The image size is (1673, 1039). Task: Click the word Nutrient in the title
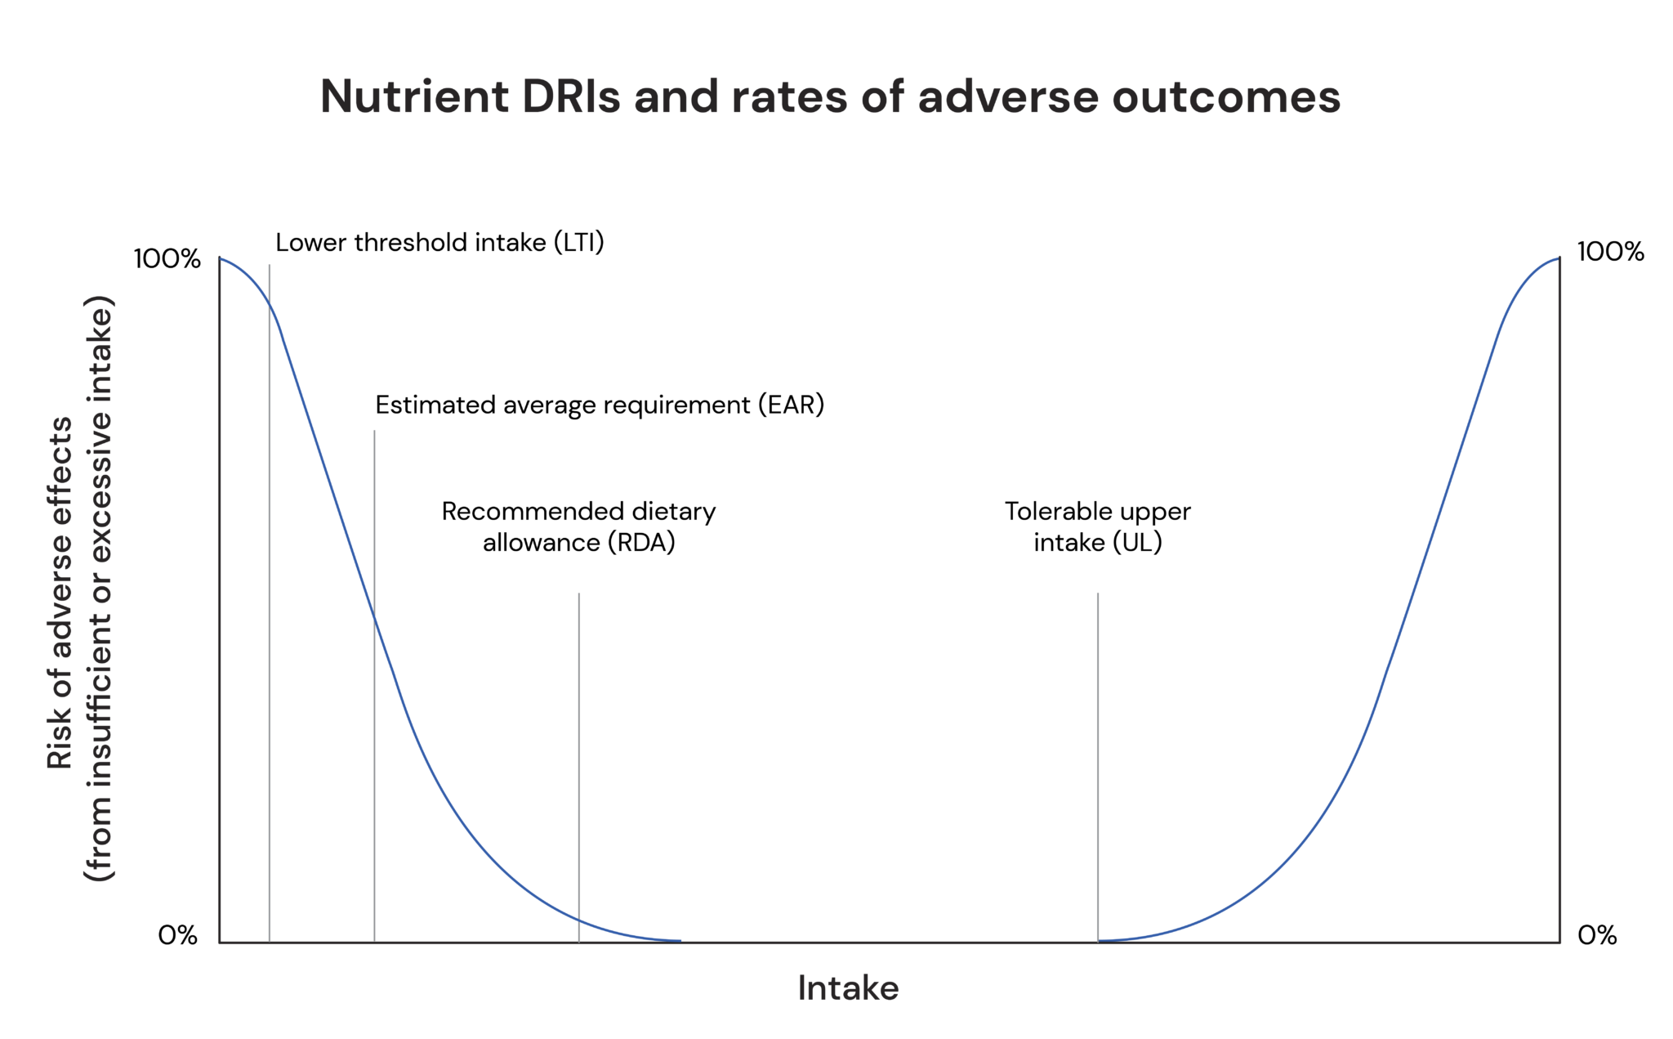pos(414,96)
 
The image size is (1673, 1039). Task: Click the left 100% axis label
pos(167,259)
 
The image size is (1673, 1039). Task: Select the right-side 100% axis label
pos(1609,252)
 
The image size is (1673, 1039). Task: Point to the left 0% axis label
pos(177,934)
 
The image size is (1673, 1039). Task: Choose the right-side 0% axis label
pos(1596,934)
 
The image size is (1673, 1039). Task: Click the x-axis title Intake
pos(847,988)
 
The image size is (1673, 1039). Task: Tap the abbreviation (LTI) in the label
pos(578,243)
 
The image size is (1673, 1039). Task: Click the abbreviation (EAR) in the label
pos(791,405)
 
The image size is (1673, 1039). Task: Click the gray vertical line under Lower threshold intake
pos(270,654)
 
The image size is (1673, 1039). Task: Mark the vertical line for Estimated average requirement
pos(374,777)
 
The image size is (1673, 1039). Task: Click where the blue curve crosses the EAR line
pos(374,617)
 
